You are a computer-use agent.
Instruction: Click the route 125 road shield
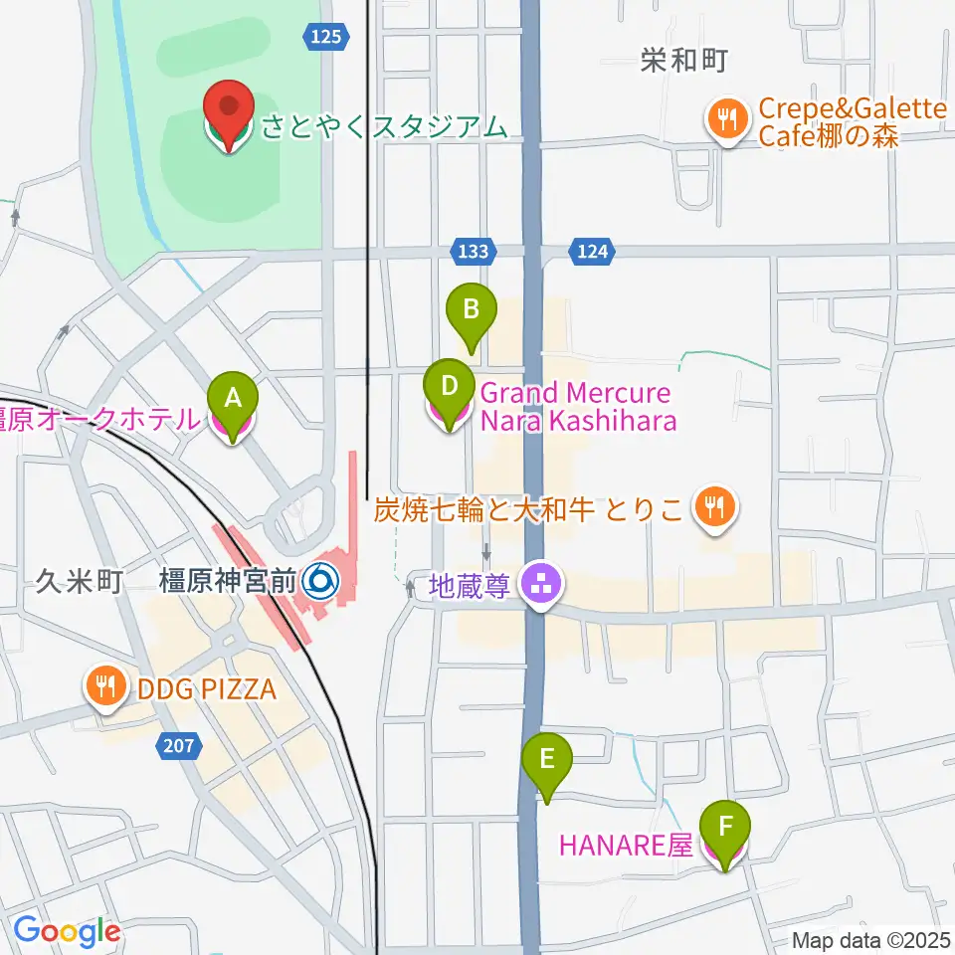coord(326,37)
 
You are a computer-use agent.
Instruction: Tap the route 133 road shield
coord(473,252)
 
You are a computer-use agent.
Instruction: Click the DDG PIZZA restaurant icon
coord(103,685)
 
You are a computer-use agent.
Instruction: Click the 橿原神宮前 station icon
coord(320,578)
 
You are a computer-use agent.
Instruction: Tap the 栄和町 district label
coord(683,62)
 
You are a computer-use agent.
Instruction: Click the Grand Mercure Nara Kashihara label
coord(577,407)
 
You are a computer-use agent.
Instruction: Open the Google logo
coord(66,931)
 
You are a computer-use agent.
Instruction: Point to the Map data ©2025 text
coord(871,939)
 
